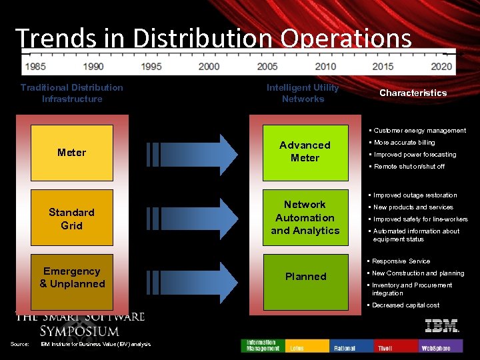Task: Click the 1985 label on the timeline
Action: click(36, 67)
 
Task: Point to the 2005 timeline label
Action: click(267, 67)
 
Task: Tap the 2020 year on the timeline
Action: click(441, 67)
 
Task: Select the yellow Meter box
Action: click(71, 153)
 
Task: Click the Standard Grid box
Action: click(71, 219)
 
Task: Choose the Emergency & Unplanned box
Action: click(72, 277)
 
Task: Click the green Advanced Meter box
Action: click(305, 151)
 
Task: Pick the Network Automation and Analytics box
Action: click(305, 217)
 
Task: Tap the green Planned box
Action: click(305, 276)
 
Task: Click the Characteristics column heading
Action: click(413, 93)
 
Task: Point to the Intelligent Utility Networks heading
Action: click(303, 93)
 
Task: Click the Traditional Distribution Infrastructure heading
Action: click(72, 93)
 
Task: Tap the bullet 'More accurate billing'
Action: click(404, 142)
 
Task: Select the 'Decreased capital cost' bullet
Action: click(405, 305)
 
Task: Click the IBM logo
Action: click(441, 325)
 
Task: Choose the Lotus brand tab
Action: click(307, 347)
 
